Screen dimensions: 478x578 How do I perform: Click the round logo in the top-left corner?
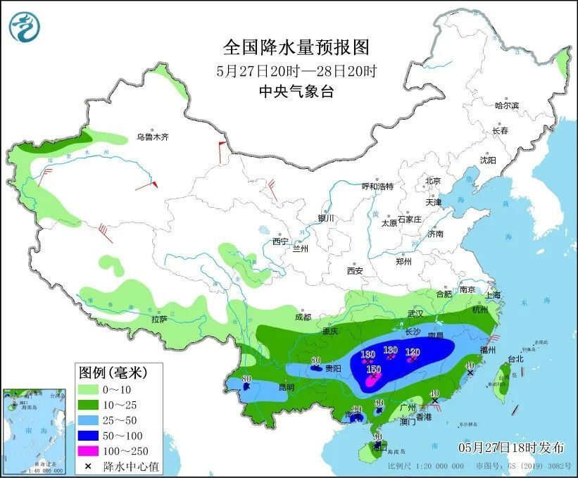(x=25, y=26)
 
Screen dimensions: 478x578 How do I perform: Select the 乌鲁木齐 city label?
(x=153, y=137)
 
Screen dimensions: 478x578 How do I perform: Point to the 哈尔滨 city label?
(x=506, y=105)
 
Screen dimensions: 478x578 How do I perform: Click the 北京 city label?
(x=432, y=181)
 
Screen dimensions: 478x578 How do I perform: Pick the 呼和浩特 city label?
(x=377, y=187)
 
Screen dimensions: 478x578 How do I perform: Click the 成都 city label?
(x=303, y=317)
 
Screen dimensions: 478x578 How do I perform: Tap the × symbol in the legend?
(x=89, y=466)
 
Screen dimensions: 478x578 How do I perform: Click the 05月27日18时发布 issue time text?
(x=512, y=447)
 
